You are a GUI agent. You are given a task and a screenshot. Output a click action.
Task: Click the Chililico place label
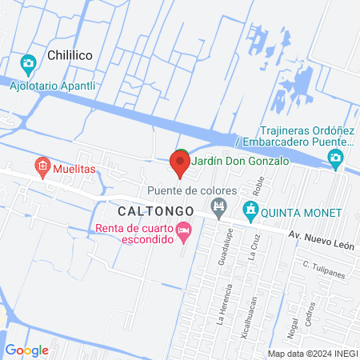pyautogui.click(x=71, y=56)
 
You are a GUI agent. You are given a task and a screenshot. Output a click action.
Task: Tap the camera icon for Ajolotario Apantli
pyautogui.click(x=28, y=62)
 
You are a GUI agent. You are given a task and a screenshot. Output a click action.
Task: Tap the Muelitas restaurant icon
pyautogui.click(x=42, y=169)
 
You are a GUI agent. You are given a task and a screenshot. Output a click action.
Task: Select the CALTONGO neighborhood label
pyautogui.click(x=155, y=211)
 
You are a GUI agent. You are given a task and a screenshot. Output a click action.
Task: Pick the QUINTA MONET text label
pyautogui.click(x=301, y=212)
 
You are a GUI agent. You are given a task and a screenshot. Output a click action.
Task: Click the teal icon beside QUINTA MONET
pyautogui.click(x=250, y=211)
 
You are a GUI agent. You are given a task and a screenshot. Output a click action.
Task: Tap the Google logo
pyautogui.click(x=27, y=350)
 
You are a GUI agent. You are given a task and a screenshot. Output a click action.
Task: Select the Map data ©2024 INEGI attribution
pyautogui.click(x=312, y=354)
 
